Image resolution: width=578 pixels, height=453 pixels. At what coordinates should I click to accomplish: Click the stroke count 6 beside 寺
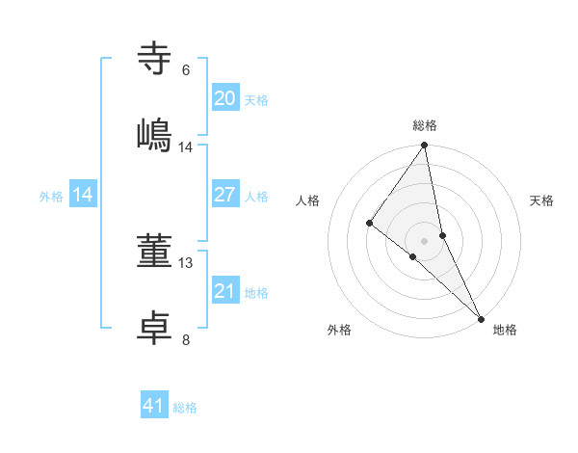pyautogui.click(x=186, y=70)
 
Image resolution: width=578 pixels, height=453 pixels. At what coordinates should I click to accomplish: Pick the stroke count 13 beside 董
pyautogui.click(x=186, y=262)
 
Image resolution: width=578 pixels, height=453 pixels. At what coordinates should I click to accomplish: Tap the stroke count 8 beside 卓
pyautogui.click(x=186, y=338)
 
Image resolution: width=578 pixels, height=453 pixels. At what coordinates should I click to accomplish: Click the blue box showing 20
pyautogui.click(x=225, y=98)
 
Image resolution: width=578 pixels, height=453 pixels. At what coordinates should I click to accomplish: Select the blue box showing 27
pyautogui.click(x=225, y=195)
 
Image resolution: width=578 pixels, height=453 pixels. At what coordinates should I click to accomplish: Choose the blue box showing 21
pyautogui.click(x=225, y=291)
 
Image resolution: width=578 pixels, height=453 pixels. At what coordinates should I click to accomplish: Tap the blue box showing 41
pyautogui.click(x=154, y=406)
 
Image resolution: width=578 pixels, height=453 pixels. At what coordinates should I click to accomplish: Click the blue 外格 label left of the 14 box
pyautogui.click(x=51, y=197)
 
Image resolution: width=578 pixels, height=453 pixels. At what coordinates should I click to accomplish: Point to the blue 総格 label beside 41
pyautogui.click(x=185, y=408)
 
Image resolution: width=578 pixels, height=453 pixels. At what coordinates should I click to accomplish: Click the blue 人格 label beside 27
pyautogui.click(x=256, y=197)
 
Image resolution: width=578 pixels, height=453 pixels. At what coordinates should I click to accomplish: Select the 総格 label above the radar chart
pyautogui.click(x=425, y=125)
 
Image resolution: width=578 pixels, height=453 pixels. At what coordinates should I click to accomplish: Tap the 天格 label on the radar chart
pyautogui.click(x=541, y=200)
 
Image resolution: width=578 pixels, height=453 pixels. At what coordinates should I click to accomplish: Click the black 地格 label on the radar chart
pyautogui.click(x=505, y=330)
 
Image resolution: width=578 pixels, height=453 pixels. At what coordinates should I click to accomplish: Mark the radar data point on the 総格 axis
pyautogui.click(x=425, y=147)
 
